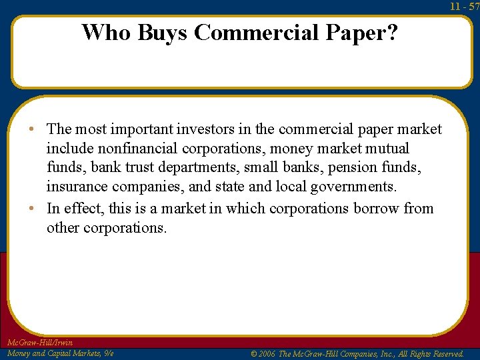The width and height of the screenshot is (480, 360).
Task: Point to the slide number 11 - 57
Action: pos(464,7)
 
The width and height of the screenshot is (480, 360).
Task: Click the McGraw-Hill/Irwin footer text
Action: pos(39,343)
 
